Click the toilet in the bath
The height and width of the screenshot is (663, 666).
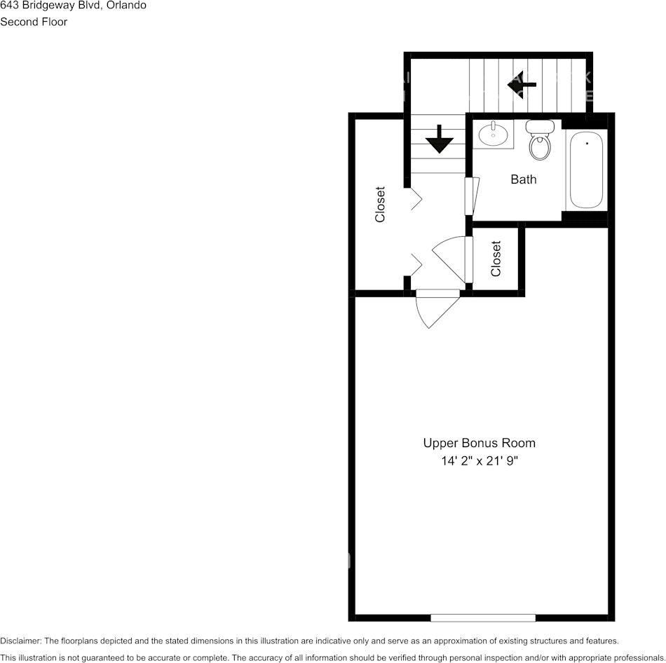pyautogui.click(x=539, y=141)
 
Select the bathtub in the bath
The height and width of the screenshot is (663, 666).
pyautogui.click(x=586, y=171)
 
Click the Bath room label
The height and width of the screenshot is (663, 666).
pyautogui.click(x=523, y=179)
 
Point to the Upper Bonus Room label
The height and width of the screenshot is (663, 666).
pyautogui.click(x=479, y=443)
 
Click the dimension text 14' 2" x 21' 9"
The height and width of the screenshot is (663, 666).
pyautogui.click(x=479, y=461)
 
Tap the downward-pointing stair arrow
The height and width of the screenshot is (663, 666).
pyautogui.click(x=440, y=139)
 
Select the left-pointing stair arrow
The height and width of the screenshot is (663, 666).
pyautogui.click(x=522, y=84)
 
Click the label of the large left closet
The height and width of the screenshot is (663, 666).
pyautogui.click(x=380, y=204)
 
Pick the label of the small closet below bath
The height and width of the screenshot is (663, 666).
pyautogui.click(x=496, y=259)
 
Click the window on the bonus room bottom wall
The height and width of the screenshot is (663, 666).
pyautogui.click(x=482, y=617)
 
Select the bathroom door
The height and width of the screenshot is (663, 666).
pyautogui.click(x=471, y=196)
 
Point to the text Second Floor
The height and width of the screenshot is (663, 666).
pyautogui.click(x=34, y=22)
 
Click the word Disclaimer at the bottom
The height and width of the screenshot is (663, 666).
pyautogui.click(x=20, y=641)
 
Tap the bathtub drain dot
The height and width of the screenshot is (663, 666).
pyautogui.click(x=587, y=143)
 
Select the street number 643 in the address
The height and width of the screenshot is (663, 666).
pyautogui.click(x=9, y=6)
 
